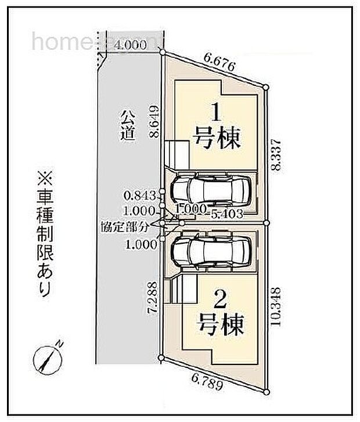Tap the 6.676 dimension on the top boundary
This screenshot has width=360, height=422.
(220, 61)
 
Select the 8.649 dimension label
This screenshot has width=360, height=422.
(154, 121)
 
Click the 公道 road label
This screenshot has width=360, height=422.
(127, 125)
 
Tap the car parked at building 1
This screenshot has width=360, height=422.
(213, 188)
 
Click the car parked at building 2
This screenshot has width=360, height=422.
(213, 251)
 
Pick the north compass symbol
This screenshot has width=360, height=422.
(48, 356)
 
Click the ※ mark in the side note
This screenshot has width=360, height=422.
(44, 178)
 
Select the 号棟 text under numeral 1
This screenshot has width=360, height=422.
(217, 138)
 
